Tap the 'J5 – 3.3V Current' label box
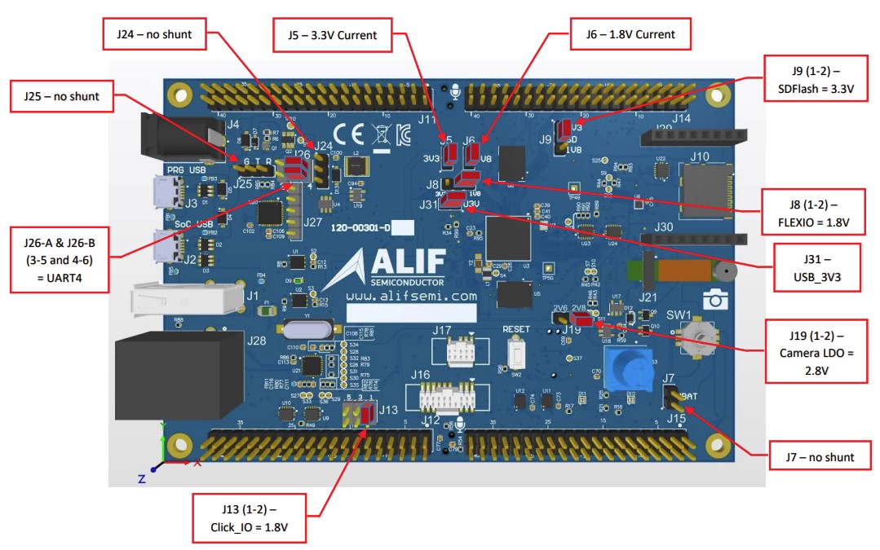point(332,34)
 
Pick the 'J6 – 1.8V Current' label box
point(620,34)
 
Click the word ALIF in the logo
point(408,260)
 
